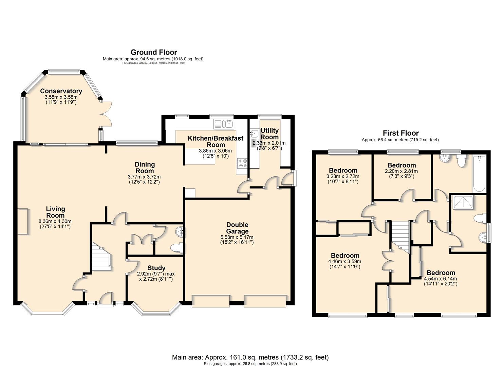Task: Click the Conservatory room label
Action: [61, 91]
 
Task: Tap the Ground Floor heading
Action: [154, 52]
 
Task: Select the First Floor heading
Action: [401, 133]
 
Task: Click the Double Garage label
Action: [237, 228]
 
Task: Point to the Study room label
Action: [156, 268]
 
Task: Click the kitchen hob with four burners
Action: [242, 163]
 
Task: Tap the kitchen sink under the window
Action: [224, 124]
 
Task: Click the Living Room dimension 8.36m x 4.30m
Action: [55, 221]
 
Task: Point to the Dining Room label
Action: [145, 168]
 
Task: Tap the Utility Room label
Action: [269, 134]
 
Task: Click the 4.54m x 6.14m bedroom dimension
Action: [440, 279]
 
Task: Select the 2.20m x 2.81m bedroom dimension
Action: [401, 171]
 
